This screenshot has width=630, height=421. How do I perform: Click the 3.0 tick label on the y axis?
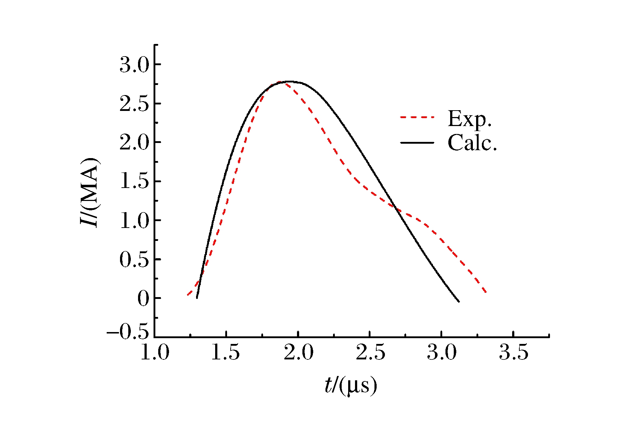click(134, 65)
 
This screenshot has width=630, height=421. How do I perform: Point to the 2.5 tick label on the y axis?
click(134, 104)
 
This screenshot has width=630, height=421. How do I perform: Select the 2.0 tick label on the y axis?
click(134, 143)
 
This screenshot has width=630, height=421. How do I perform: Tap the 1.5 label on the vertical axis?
click(134, 182)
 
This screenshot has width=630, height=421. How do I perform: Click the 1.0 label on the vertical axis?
click(134, 221)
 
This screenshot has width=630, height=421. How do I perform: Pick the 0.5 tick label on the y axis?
click(134, 260)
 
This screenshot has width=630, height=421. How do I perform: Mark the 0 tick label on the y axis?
click(143, 299)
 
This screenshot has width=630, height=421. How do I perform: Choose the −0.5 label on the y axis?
click(128, 332)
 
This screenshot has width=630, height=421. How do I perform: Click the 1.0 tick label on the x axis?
click(154, 352)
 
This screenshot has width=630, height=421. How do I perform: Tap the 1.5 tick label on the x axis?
click(225, 352)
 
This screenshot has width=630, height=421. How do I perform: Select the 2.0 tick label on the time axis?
click(298, 352)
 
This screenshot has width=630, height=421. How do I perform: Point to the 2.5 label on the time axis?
click(370, 352)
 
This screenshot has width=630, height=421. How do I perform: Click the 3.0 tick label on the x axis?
click(442, 352)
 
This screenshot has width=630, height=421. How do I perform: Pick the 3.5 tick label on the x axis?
click(514, 352)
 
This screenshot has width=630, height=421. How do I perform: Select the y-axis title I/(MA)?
click(89, 192)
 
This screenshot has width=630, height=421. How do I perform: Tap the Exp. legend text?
click(470, 118)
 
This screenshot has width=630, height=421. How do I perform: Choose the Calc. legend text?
click(472, 143)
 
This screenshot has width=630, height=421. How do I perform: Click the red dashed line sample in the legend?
click(417, 117)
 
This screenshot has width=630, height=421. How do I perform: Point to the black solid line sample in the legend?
click(417, 143)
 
